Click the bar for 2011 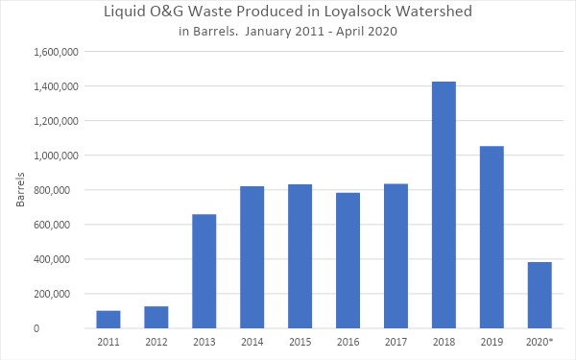(x=108, y=319)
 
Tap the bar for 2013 (x=204, y=271)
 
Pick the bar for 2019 (x=492, y=237)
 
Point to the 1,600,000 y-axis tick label (x=58, y=52)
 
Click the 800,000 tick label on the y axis (x=61, y=190)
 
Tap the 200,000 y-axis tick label (x=61, y=294)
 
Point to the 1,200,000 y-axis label (x=58, y=121)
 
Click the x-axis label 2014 (x=252, y=342)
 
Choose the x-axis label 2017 (x=396, y=342)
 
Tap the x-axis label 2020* (x=540, y=342)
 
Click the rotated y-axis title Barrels (x=21, y=190)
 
